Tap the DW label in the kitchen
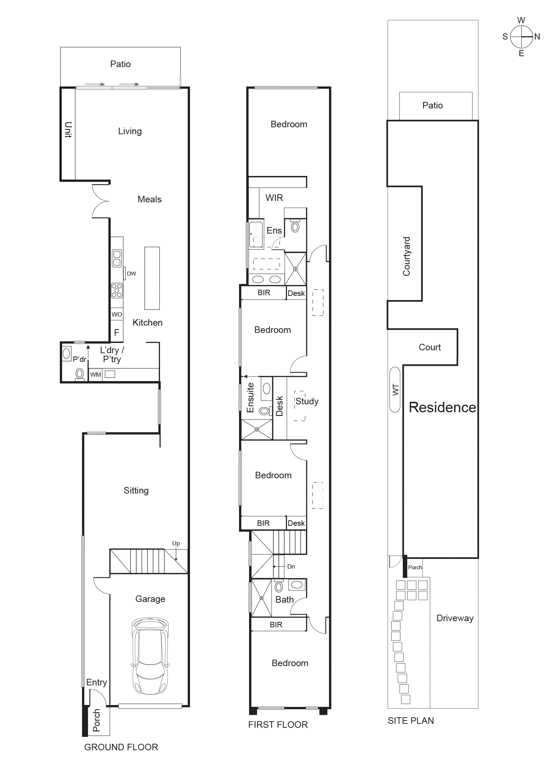click(131, 274)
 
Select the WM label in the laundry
click(95, 375)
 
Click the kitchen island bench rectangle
click(152, 278)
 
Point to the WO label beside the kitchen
click(117, 314)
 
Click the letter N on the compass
click(537, 37)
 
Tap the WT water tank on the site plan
click(395, 389)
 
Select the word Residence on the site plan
click(442, 407)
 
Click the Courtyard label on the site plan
click(406, 256)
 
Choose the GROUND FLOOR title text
click(121, 747)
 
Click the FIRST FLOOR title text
click(278, 725)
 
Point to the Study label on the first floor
click(307, 401)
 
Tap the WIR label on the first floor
click(274, 198)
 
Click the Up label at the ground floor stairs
click(176, 543)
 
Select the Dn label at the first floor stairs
click(291, 566)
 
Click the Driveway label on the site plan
click(455, 618)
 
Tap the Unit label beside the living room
click(68, 130)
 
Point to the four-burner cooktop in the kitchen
click(117, 290)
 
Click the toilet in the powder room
click(79, 374)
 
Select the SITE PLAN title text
click(410, 721)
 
